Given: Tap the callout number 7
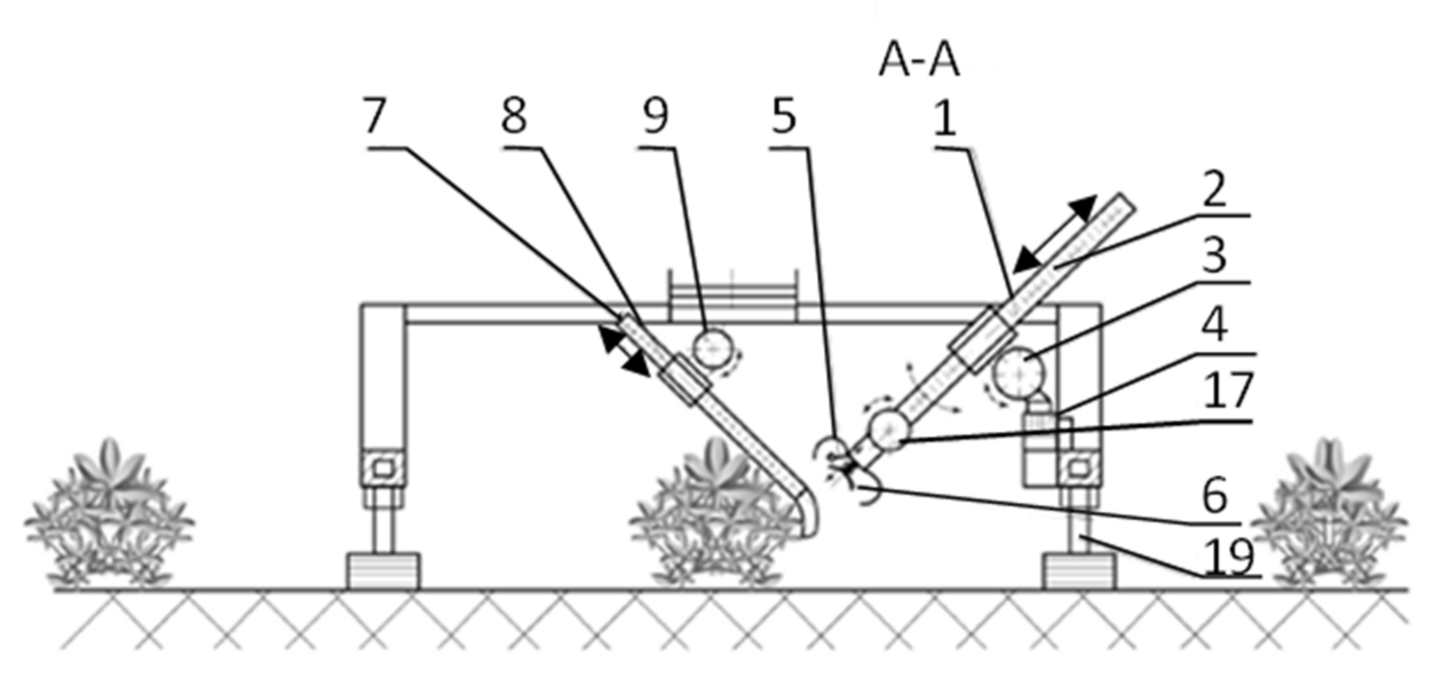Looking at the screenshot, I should (375, 116).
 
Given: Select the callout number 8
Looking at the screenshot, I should (513, 116).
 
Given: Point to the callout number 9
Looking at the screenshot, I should (655, 116).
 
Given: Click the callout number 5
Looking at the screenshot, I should (783, 117).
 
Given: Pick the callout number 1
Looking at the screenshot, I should (945, 119).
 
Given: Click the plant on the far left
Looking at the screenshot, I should (109, 515).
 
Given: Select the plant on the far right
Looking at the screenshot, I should (1328, 515).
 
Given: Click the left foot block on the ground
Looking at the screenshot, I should (383, 571).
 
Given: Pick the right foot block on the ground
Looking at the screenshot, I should (1078, 571).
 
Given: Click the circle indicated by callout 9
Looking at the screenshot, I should (713, 348).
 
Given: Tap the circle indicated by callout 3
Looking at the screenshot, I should (1019, 372).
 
